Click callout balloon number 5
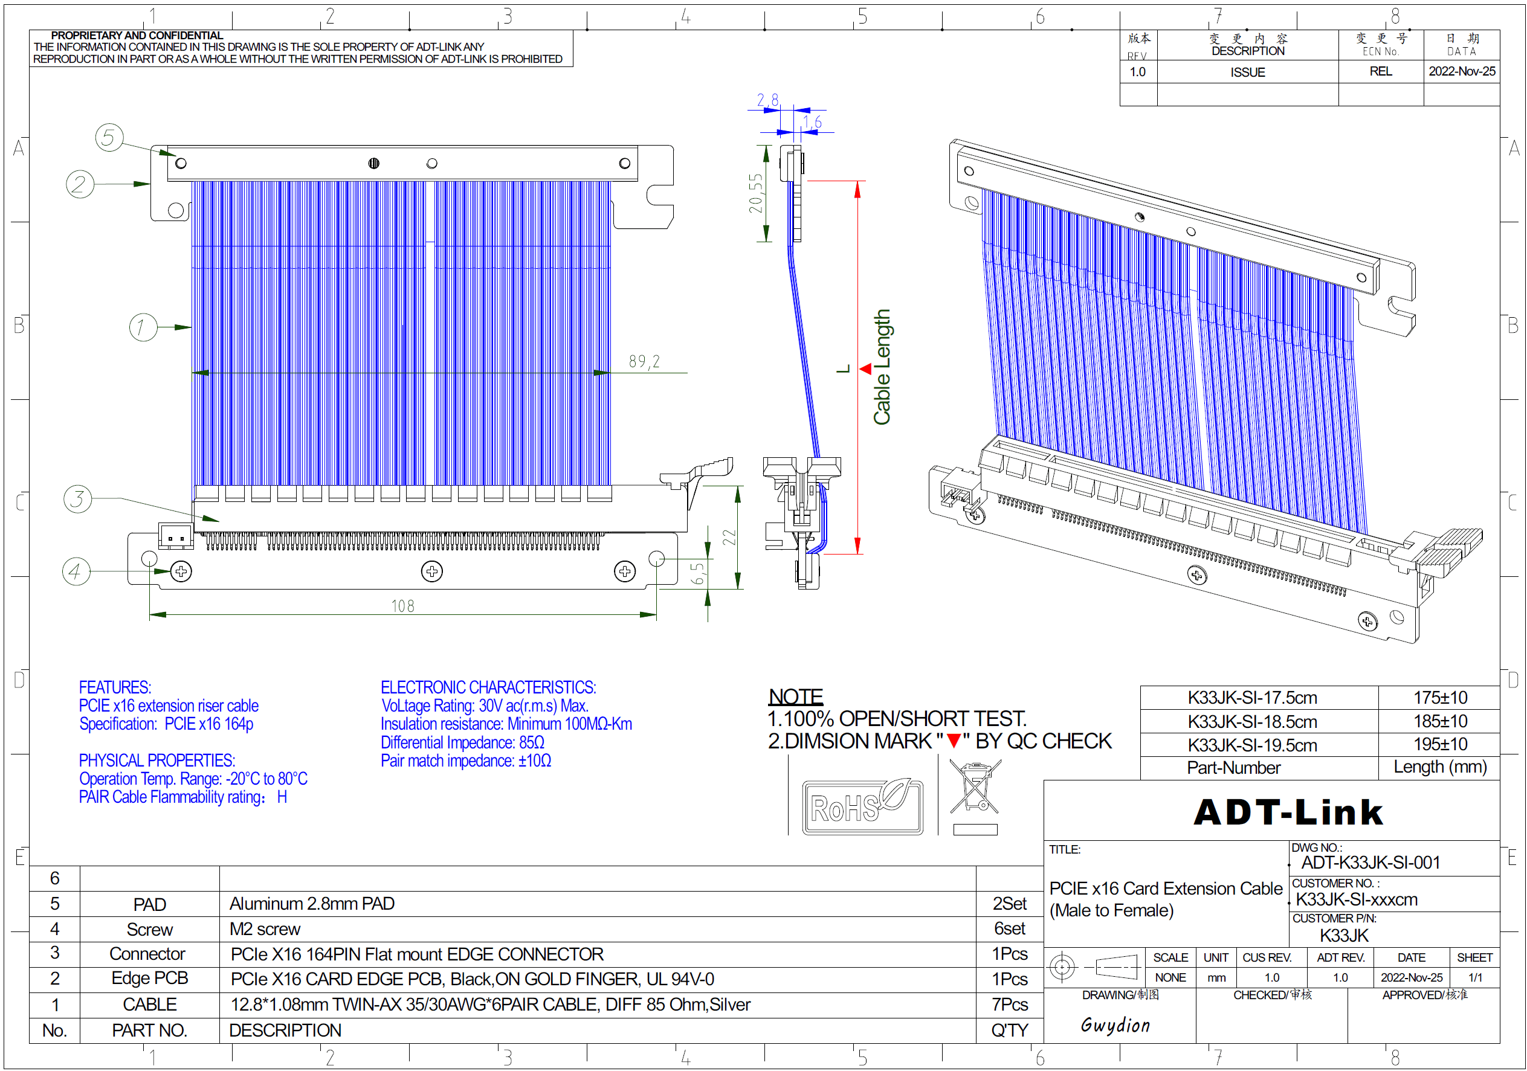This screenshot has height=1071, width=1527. tap(109, 138)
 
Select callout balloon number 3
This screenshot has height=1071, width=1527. tap(77, 498)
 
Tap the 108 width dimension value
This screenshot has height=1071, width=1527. tap(402, 606)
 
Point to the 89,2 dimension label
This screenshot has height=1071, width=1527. tap(644, 362)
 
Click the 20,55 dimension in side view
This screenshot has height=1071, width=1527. tap(756, 193)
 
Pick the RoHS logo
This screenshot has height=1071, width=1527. tap(862, 807)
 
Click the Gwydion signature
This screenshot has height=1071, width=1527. tap(1115, 1024)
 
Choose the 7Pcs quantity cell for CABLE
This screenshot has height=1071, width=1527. tap(1009, 1005)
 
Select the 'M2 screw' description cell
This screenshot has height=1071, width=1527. tap(265, 928)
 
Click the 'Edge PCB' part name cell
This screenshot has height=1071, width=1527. tap(150, 978)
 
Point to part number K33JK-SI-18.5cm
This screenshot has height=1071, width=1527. tap(1251, 721)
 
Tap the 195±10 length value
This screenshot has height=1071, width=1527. tap(1440, 744)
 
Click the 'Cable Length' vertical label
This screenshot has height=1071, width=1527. tap(882, 367)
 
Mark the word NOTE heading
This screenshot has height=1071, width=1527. tap(795, 696)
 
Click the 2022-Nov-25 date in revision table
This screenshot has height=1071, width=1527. tap(1461, 71)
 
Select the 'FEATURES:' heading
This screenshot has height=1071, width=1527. tap(115, 687)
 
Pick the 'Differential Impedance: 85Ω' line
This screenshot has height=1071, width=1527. tap(462, 742)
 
